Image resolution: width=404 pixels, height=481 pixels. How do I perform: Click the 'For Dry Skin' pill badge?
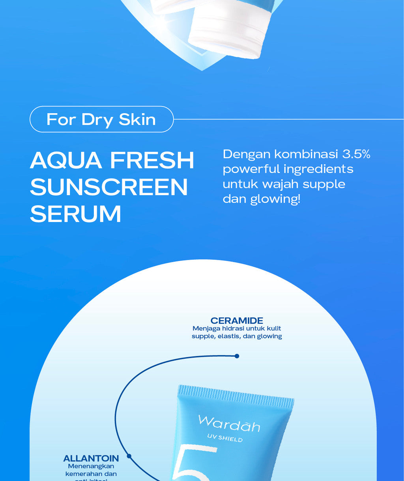pos(101,119)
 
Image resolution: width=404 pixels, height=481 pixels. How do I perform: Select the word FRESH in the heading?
pos(152,160)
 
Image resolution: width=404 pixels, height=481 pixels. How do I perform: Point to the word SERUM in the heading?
pos(75,214)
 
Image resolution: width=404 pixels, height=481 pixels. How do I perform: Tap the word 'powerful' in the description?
pos(251,169)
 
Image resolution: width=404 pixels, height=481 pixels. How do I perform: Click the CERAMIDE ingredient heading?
pos(237,321)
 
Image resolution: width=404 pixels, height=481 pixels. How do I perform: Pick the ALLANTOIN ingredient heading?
pos(91,458)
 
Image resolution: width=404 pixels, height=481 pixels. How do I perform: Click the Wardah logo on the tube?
pos(229,424)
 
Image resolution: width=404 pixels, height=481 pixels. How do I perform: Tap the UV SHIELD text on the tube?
pos(225,438)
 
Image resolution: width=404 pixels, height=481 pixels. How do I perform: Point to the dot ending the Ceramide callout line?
pos(237,356)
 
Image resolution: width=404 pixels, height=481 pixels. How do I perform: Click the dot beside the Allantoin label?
pos(129,456)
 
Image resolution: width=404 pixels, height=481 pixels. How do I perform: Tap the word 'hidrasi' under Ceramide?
pos(223,328)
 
